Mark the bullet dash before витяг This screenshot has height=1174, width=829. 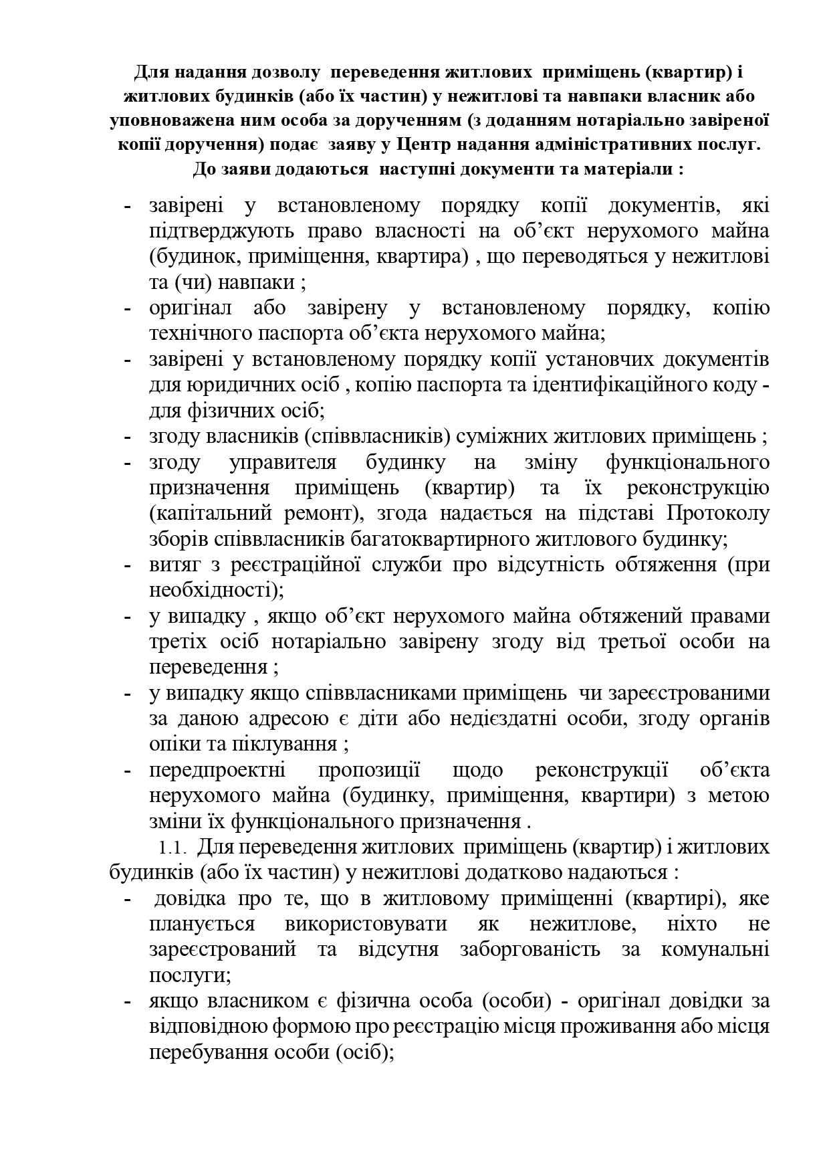point(127,565)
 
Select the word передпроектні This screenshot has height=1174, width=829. point(217,771)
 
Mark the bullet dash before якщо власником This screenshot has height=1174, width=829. point(127,1002)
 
